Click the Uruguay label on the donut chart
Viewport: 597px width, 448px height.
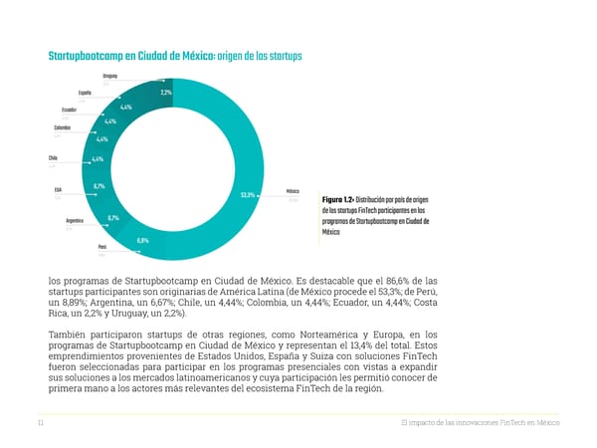pyautogui.click(x=109, y=76)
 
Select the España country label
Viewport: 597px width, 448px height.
pyautogui.click(x=85, y=93)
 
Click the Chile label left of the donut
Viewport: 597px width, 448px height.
pyautogui.click(x=52, y=158)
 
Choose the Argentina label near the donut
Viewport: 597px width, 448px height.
pyautogui.click(x=75, y=220)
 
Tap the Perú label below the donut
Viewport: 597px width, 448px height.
pyautogui.click(x=101, y=247)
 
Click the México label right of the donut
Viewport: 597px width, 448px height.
pyautogui.click(x=293, y=191)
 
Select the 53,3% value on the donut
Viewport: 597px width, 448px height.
pyautogui.click(x=249, y=195)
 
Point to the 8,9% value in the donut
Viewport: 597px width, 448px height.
pyautogui.click(x=143, y=241)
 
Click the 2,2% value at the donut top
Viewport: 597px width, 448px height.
pyautogui.click(x=165, y=93)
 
